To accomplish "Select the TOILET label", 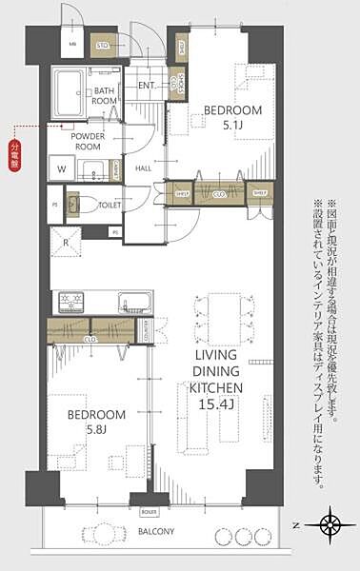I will coord(109,203).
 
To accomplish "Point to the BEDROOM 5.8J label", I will coord(96,422).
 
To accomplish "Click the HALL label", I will coord(144,168).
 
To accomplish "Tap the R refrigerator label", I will coord(65,242).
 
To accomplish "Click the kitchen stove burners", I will coord(72,302).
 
